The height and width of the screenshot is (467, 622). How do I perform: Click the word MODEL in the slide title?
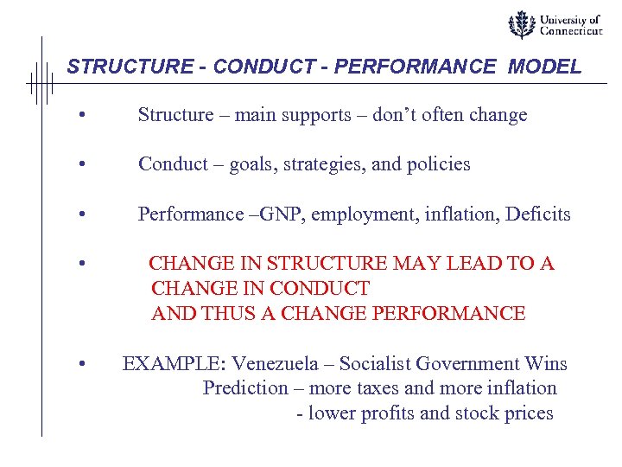tap(546, 67)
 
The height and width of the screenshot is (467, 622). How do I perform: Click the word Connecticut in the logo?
tap(570, 32)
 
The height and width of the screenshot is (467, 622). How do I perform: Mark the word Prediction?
tap(245, 388)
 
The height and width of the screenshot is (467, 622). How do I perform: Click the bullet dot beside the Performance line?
tap(80, 214)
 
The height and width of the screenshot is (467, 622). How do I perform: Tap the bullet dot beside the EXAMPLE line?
tap(80, 365)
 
